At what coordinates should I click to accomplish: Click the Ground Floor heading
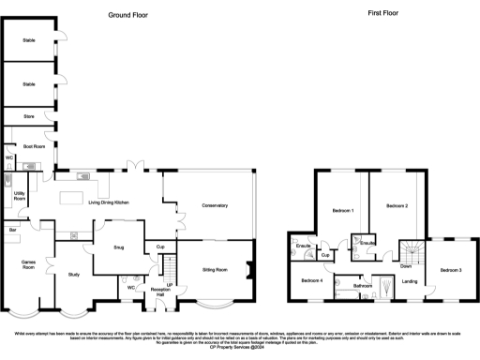132,15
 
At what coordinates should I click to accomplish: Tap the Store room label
28,117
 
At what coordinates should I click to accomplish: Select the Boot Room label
34,146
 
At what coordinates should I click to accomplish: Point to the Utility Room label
20,197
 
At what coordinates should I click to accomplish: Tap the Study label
74,274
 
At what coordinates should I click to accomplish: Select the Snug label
119,248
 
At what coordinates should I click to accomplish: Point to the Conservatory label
215,205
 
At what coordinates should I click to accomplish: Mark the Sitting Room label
216,269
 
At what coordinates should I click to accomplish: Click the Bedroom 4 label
312,280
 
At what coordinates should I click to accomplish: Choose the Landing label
410,280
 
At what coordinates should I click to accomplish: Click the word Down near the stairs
405,265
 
